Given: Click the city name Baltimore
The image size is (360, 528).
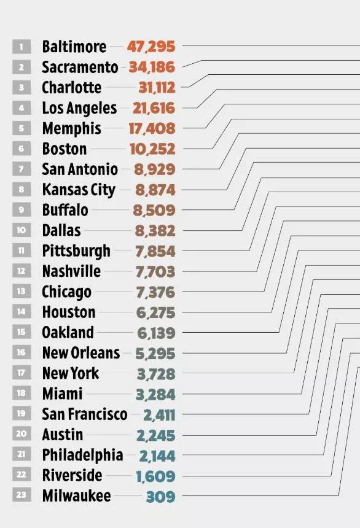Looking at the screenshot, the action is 74,47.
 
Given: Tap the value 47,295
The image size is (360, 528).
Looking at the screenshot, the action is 151,47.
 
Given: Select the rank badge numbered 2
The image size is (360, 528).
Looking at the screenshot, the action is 22,67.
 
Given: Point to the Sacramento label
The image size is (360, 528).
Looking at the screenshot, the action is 80,67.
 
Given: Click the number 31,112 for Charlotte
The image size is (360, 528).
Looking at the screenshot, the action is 157,88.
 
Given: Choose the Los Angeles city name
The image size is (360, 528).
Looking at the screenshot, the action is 79,108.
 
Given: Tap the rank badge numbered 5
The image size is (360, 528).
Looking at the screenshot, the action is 22,128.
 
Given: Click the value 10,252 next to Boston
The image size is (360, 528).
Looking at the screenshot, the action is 153,149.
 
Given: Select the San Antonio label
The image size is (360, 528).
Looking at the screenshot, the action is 80,169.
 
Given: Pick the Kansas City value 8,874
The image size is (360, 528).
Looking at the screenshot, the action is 155,190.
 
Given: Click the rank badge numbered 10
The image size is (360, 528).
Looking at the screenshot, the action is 22,230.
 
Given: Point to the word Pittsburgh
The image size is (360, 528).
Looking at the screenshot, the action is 76,251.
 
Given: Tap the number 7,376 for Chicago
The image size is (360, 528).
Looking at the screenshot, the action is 155,292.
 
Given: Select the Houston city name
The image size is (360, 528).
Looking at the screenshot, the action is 69,312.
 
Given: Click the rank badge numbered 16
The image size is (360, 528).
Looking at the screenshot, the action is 22,352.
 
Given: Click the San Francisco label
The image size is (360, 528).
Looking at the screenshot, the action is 85,414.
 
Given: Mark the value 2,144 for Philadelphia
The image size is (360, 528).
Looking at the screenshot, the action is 157,456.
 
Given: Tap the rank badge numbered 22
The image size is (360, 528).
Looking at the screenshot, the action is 22,475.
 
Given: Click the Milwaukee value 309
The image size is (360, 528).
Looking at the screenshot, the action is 161,496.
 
